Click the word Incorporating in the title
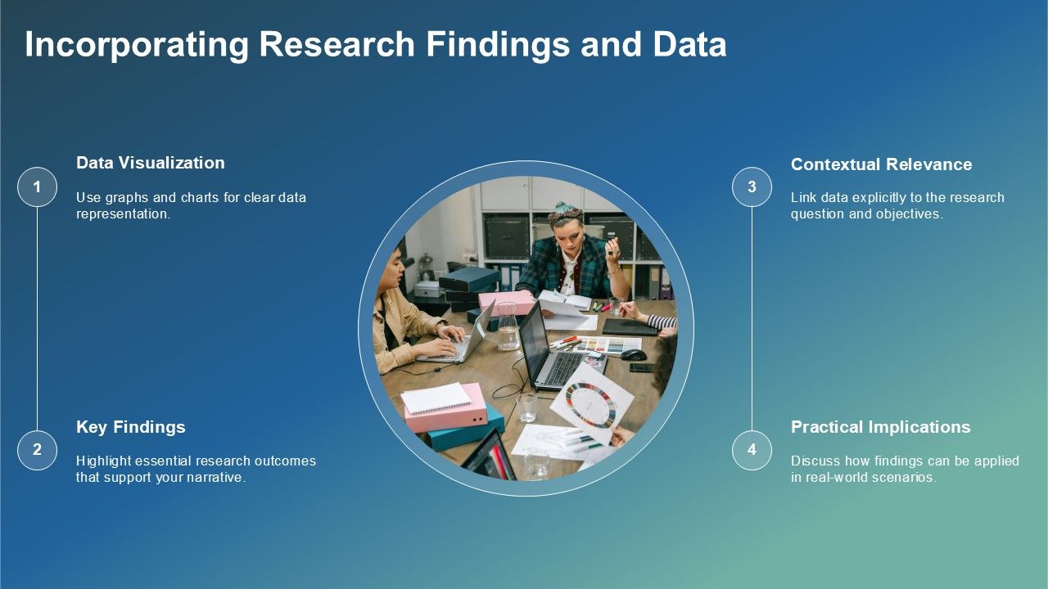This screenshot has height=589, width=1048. click(137, 45)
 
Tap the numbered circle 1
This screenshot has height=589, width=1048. click(37, 187)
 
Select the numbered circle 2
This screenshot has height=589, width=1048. click(37, 450)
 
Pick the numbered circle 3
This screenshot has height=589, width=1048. click(752, 187)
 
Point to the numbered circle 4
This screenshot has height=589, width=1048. click(752, 450)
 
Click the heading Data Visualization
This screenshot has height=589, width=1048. click(150, 163)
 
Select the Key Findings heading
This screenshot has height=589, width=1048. click(130, 427)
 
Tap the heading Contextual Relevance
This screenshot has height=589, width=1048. click(882, 164)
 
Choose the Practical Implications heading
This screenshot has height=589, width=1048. click(880, 427)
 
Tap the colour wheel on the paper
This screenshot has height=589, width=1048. click(591, 405)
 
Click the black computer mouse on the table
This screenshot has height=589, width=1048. click(634, 355)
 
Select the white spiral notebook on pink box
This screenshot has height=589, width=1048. click(436, 398)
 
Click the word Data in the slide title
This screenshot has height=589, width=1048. click(689, 45)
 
